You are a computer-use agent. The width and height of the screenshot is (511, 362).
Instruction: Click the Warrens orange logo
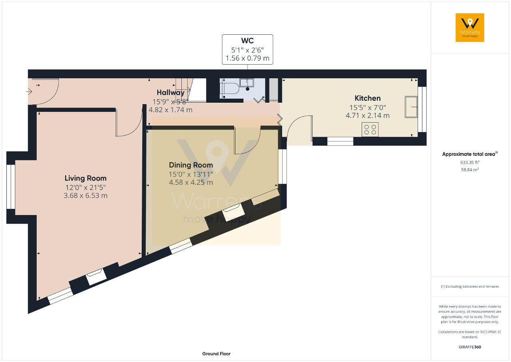pos(470,28)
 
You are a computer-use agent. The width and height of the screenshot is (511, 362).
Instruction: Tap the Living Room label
pos(85,178)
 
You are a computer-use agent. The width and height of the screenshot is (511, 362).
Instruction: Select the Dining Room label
pos(191,165)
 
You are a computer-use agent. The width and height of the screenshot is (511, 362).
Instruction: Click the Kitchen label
pos(368,98)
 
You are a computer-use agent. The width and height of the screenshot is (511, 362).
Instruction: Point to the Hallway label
pos(170,92)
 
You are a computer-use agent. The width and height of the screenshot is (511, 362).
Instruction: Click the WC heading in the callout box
pos(247,40)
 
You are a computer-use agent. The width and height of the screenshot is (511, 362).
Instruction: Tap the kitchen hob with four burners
pos(370,129)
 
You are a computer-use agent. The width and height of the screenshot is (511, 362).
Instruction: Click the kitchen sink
pos(411,107)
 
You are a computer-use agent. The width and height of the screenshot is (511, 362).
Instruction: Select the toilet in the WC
pos(229,88)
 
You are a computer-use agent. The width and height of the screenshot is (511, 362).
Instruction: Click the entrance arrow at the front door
pos(29,91)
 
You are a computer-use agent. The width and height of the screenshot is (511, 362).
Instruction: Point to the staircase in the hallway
pos(183,90)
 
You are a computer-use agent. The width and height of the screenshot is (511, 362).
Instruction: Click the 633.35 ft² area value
pos(470,162)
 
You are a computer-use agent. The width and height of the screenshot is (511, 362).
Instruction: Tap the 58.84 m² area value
pos(470,169)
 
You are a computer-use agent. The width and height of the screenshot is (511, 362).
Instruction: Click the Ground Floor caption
pos(216,354)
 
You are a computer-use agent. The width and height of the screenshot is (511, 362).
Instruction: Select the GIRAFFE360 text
pos(470,347)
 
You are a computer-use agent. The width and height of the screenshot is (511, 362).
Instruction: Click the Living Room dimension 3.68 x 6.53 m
pos(85,196)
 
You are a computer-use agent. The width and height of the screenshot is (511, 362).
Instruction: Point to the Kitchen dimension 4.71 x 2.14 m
pos(368,115)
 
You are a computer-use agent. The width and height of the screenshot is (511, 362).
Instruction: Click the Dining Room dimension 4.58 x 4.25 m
pos(191,182)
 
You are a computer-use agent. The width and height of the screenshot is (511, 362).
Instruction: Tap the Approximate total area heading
pos(470,154)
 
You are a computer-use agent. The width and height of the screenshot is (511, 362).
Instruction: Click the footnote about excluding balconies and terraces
pos(470,286)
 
